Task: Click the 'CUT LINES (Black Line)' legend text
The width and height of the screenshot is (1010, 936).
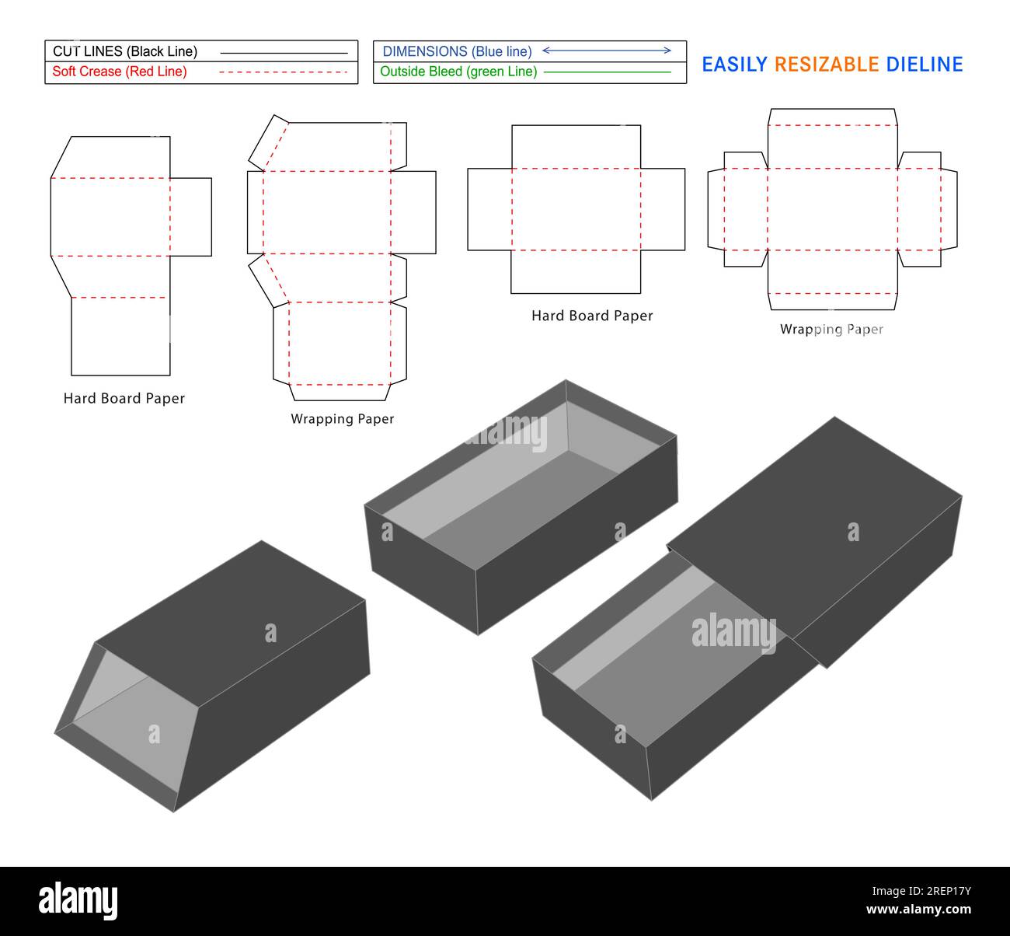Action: (124, 51)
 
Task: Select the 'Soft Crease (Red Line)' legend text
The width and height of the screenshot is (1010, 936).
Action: (119, 72)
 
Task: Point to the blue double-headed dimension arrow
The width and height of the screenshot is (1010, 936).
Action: (606, 51)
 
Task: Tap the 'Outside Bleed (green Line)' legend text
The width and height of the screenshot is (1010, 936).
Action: (458, 72)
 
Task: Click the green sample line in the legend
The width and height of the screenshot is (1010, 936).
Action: (607, 72)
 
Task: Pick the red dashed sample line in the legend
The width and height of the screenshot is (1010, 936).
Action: (283, 72)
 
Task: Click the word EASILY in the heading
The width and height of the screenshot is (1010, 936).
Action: (734, 65)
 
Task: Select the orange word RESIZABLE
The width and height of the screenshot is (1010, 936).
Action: (827, 65)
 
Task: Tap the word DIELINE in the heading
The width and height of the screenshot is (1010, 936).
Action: (925, 65)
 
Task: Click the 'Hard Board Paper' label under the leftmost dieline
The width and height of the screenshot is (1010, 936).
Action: (124, 398)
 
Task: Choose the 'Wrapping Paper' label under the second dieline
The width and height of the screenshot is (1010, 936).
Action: (343, 419)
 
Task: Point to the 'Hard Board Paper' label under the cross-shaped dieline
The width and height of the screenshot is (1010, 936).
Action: (592, 316)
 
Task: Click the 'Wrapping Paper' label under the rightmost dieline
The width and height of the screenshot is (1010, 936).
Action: (831, 330)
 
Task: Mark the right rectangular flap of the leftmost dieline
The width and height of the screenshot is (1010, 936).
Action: (191, 217)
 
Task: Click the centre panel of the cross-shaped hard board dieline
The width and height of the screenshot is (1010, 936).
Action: (576, 209)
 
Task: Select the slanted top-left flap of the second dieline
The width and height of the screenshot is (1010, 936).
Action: (267, 143)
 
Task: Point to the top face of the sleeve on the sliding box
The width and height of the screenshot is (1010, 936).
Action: (816, 529)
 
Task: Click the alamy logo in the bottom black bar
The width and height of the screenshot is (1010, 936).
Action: (78, 900)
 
